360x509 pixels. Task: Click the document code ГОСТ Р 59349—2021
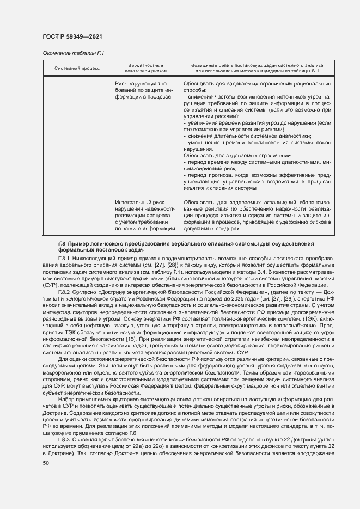pos(72,36)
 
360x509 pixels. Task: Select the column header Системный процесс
pos(77,68)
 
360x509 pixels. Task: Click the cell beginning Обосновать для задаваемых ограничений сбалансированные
pos(257,215)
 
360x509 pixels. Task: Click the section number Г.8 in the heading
pos(62,242)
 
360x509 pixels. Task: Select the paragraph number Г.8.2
pos(66,292)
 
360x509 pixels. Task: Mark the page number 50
pos(46,463)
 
